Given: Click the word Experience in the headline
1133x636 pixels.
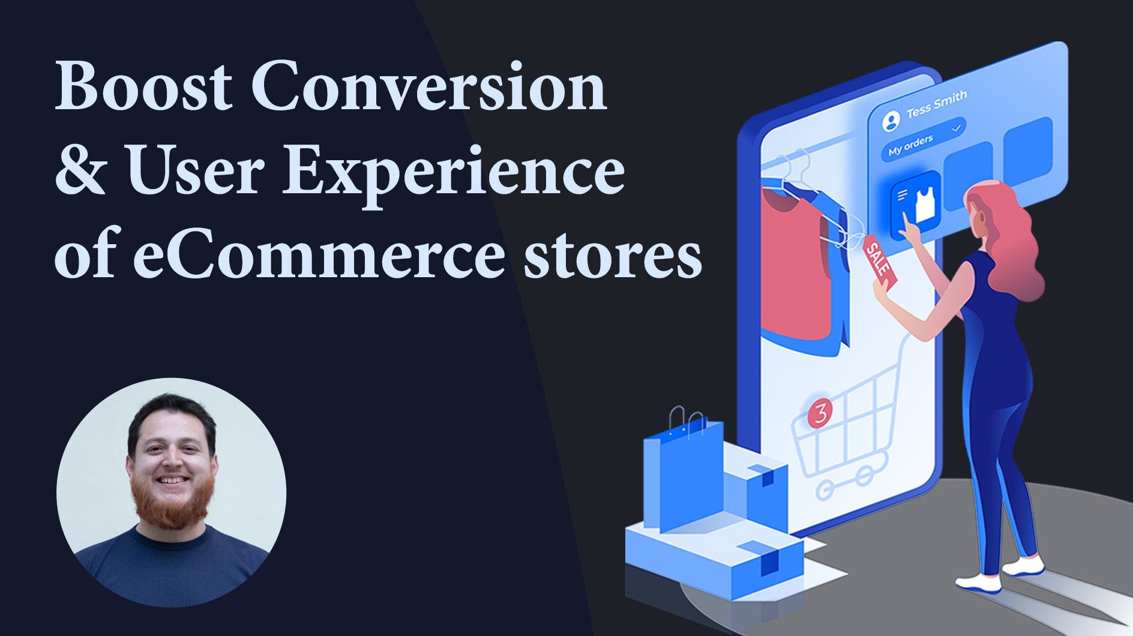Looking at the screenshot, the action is [x=454, y=175].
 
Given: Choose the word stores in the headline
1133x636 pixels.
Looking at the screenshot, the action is [x=612, y=257].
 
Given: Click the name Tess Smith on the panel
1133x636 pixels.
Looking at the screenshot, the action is [x=936, y=103].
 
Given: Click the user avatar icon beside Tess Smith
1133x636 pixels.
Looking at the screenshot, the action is [x=892, y=121].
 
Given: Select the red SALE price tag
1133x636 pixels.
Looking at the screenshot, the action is [x=880, y=260].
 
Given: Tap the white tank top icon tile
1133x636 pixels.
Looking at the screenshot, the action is [x=916, y=205].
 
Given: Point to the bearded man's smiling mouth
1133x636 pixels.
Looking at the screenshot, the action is [x=172, y=481].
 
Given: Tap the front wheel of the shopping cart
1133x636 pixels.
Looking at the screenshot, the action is [x=825, y=491].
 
